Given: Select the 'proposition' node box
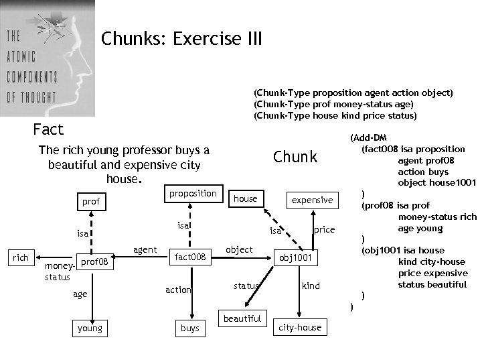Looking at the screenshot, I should (x=192, y=194).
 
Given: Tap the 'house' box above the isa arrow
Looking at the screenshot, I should (x=245, y=198).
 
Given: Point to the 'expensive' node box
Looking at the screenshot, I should (x=312, y=200).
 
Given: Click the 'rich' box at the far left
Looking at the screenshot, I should (x=21, y=258).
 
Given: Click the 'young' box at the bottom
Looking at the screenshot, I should (x=90, y=328).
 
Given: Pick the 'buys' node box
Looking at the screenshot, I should (x=189, y=328).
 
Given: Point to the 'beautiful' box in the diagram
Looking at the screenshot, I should (x=242, y=318).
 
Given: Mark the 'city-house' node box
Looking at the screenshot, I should (x=300, y=328).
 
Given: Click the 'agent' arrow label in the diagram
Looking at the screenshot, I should (x=145, y=250).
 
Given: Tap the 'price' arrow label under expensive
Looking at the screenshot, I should (x=324, y=229).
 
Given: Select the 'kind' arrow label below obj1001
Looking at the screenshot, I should (x=311, y=286).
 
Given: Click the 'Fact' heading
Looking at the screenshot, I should (x=48, y=129).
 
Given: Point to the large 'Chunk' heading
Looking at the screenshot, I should (x=295, y=157).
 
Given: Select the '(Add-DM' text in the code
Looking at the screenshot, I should (x=368, y=137).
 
